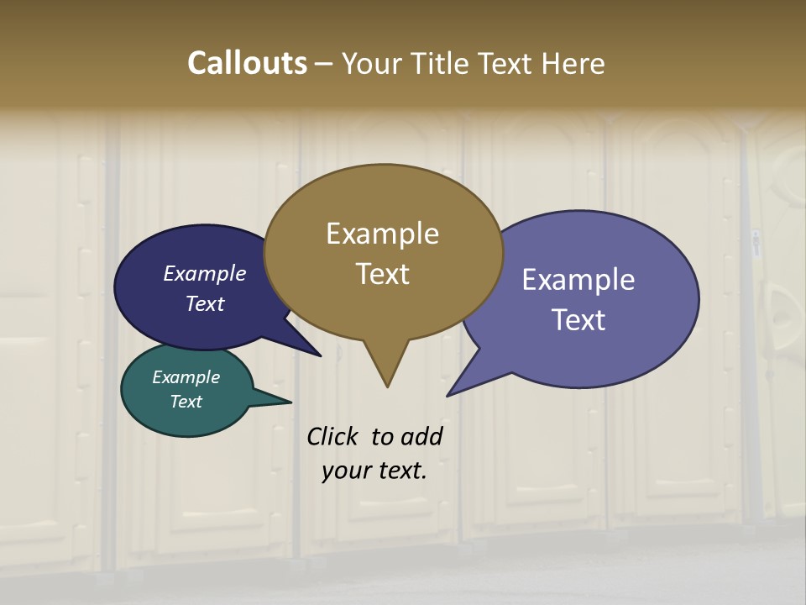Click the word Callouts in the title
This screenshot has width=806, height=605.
click(247, 63)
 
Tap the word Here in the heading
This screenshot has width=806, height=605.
click(573, 63)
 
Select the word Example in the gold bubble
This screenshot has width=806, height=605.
click(382, 234)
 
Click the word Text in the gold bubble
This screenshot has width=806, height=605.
click(382, 274)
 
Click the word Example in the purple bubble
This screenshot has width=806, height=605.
click(578, 280)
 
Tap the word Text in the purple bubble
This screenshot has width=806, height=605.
click(578, 320)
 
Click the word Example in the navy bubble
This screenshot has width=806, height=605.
click(205, 274)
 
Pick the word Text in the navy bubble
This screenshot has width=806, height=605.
click(205, 304)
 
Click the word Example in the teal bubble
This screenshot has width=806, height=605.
click(186, 378)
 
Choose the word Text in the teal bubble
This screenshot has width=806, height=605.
click(186, 402)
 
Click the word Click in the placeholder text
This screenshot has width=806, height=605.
click(332, 437)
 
